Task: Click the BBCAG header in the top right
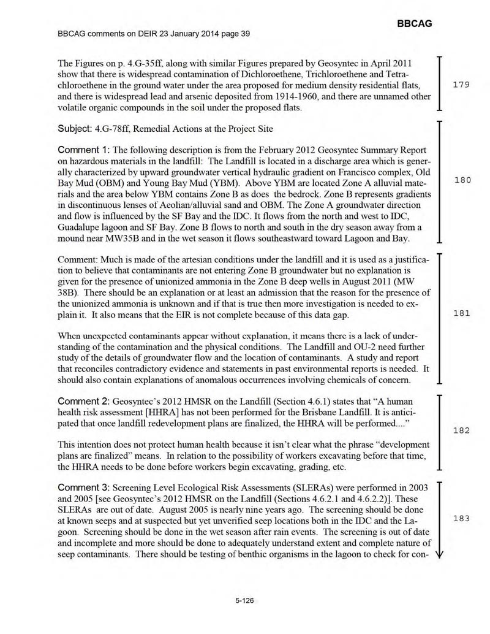pos(415,23)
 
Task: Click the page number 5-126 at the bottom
pos(244,602)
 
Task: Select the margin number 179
pos(461,85)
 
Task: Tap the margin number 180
pos(461,180)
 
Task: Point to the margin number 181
pos(461,313)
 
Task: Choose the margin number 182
pos(461,430)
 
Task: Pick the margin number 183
pos(461,518)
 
